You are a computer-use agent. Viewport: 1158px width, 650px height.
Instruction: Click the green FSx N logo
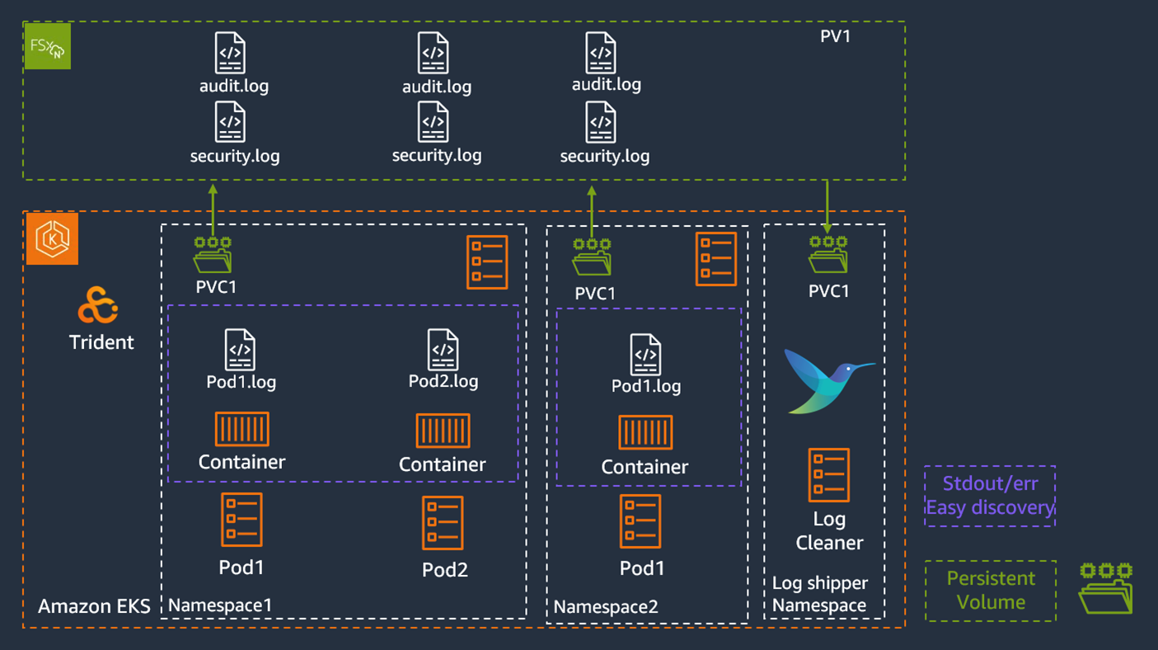(x=47, y=46)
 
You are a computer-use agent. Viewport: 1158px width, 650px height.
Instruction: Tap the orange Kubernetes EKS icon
(x=52, y=239)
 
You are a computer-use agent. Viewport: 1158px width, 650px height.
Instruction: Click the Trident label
(x=101, y=342)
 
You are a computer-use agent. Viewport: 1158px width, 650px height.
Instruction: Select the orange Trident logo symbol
(x=98, y=306)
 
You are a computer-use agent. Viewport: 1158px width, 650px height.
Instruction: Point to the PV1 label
(x=835, y=36)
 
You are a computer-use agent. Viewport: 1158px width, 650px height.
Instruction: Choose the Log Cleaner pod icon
(x=828, y=475)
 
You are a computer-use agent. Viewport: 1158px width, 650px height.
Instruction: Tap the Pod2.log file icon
(x=443, y=350)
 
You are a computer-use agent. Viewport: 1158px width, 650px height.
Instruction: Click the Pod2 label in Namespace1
(x=444, y=570)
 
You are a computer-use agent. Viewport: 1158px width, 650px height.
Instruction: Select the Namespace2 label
(x=606, y=607)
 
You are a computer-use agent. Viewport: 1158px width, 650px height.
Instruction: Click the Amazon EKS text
(x=94, y=607)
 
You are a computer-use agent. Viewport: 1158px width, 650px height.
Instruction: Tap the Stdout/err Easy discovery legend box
(x=989, y=496)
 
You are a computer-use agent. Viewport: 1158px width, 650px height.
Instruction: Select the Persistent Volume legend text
(x=991, y=591)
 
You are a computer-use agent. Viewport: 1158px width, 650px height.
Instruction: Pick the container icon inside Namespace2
(x=645, y=432)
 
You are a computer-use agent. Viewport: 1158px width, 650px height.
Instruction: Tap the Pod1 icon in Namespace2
(x=640, y=521)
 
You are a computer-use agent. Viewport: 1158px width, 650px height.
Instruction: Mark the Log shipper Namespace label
(x=819, y=594)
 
